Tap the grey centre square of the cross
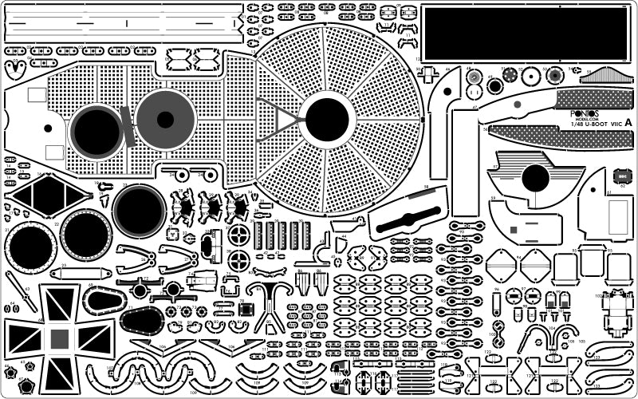(x=59, y=338)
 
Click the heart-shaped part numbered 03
(x=15, y=69)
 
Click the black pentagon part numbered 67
(x=26, y=386)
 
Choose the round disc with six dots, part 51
(x=531, y=77)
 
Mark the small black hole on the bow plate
(x=49, y=127)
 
